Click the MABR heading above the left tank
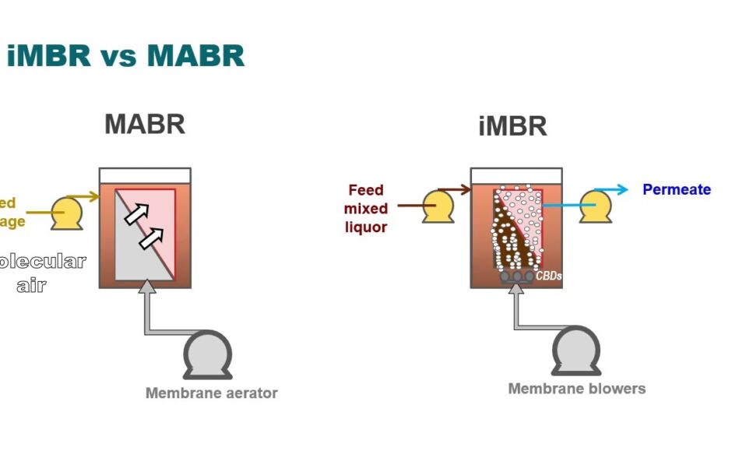click(145, 124)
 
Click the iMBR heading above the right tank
click(512, 126)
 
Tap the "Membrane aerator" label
click(211, 393)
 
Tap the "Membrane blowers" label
click(576, 388)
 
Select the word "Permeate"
click(676, 189)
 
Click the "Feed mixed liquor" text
click(366, 209)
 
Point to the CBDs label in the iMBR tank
click(548, 276)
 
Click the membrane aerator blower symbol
click(207, 355)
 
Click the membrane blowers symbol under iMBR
click(575, 351)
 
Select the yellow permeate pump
click(596, 206)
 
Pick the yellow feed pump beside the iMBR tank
click(438, 207)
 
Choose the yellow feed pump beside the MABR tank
click(67, 213)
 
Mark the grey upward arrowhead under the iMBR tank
click(515, 288)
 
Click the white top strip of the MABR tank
click(146, 175)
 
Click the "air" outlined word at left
click(31, 285)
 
